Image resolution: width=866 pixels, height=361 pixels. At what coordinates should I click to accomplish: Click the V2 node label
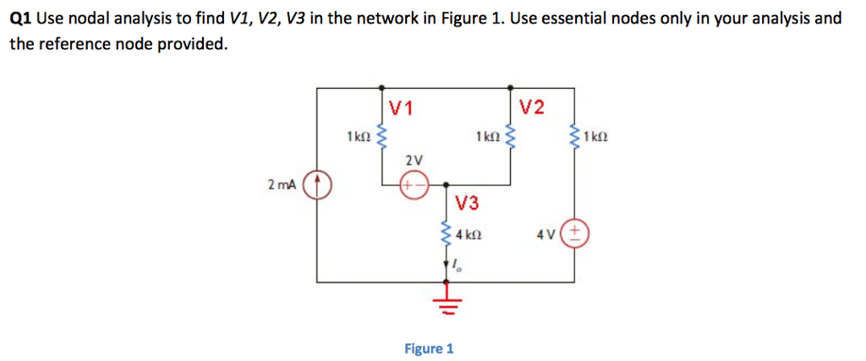pyautogui.click(x=532, y=107)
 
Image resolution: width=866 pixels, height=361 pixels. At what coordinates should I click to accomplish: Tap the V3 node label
pyautogui.click(x=467, y=202)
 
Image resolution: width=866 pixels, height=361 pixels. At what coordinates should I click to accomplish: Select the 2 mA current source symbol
pyautogui.click(x=318, y=184)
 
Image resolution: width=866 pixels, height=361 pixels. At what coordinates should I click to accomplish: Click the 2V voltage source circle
pyautogui.click(x=414, y=184)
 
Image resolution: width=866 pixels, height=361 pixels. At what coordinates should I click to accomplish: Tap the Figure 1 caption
pyautogui.click(x=428, y=348)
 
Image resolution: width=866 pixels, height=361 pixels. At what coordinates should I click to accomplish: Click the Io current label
pyautogui.click(x=457, y=267)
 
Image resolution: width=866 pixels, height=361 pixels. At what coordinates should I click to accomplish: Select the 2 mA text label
pyautogui.click(x=282, y=184)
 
